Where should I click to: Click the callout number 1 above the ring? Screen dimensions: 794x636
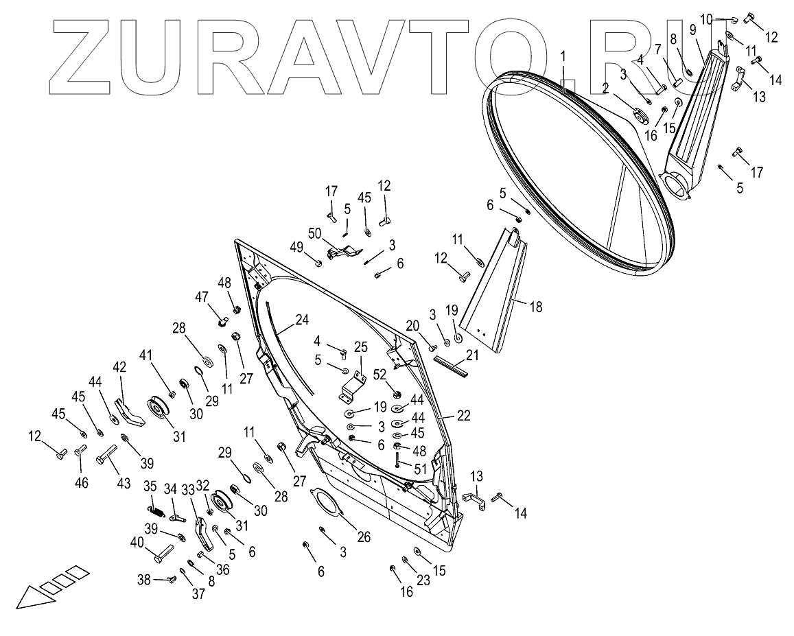(x=563, y=55)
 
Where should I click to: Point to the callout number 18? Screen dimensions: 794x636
(x=535, y=307)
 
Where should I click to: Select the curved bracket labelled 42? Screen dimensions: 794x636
(x=128, y=412)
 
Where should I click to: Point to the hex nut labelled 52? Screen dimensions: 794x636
(x=396, y=394)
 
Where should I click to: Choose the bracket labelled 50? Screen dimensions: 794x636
(x=342, y=252)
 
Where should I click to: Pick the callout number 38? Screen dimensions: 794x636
(x=144, y=579)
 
